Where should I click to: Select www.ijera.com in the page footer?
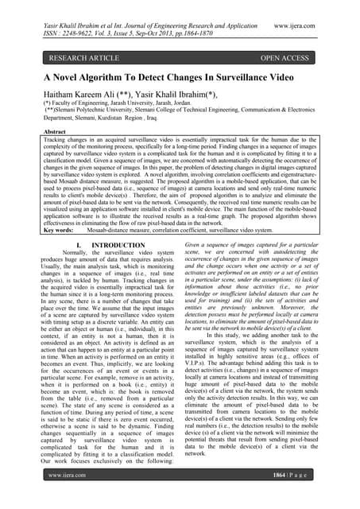tap(66, 496)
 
